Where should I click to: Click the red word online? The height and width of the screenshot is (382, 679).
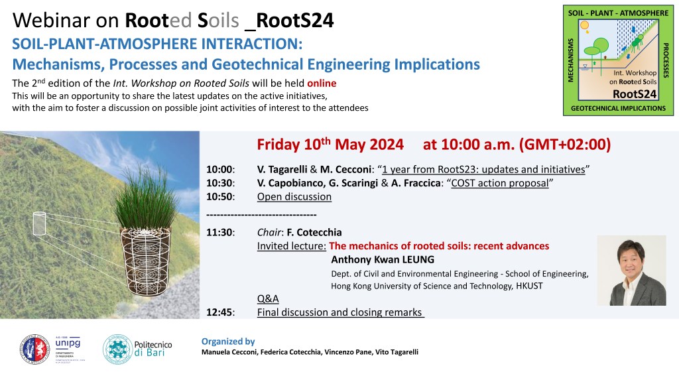(322, 83)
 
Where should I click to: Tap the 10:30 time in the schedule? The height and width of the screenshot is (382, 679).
(220, 183)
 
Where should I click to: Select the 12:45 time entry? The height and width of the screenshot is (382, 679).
(220, 312)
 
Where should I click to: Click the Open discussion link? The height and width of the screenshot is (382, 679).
(294, 196)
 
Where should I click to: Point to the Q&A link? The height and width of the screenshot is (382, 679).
(268, 299)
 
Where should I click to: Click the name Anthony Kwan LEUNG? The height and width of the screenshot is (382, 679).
(383, 260)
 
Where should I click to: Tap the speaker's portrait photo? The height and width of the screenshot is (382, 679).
(631, 271)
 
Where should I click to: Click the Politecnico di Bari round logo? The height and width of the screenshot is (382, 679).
(117, 349)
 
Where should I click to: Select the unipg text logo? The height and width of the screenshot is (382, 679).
(68, 343)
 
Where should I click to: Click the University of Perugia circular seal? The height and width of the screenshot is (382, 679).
(35, 349)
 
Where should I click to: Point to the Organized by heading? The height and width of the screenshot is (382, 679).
(228, 342)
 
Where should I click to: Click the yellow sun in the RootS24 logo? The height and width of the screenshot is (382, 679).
(585, 25)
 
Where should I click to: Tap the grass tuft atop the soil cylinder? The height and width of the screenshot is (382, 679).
(147, 199)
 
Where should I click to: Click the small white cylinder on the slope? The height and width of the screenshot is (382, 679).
(39, 223)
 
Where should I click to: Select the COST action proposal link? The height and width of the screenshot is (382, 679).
(500, 183)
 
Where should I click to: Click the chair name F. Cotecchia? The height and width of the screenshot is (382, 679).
(314, 233)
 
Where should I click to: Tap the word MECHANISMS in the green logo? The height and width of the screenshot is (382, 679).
(570, 60)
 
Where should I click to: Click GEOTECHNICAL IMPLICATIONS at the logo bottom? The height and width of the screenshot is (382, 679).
(619, 108)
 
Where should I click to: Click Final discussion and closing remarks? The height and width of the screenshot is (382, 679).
(340, 312)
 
